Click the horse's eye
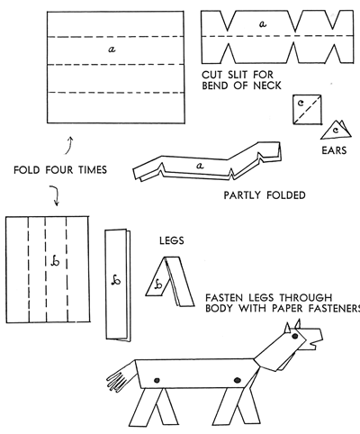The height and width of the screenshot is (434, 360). point(295,336)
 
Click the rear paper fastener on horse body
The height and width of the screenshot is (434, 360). point(157,381)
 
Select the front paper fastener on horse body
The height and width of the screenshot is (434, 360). point(238,381)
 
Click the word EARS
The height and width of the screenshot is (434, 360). point(334,150)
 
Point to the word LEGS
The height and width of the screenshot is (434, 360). point(172,240)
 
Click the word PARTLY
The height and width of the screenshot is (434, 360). point(242,195)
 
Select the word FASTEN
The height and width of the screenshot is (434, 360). point(224,298)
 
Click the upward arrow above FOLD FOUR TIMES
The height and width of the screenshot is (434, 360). point(69,145)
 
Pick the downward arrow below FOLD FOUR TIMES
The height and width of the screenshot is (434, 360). point(54,195)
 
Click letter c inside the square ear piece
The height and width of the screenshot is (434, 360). point(301,103)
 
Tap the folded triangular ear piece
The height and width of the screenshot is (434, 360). point(336,130)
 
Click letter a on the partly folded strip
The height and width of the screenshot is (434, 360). point(200,165)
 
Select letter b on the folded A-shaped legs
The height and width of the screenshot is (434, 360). point(158,284)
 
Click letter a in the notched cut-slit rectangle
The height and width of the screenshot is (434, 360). point(263,23)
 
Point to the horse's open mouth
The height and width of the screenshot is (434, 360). point(313,344)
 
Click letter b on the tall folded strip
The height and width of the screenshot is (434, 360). point(116,280)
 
